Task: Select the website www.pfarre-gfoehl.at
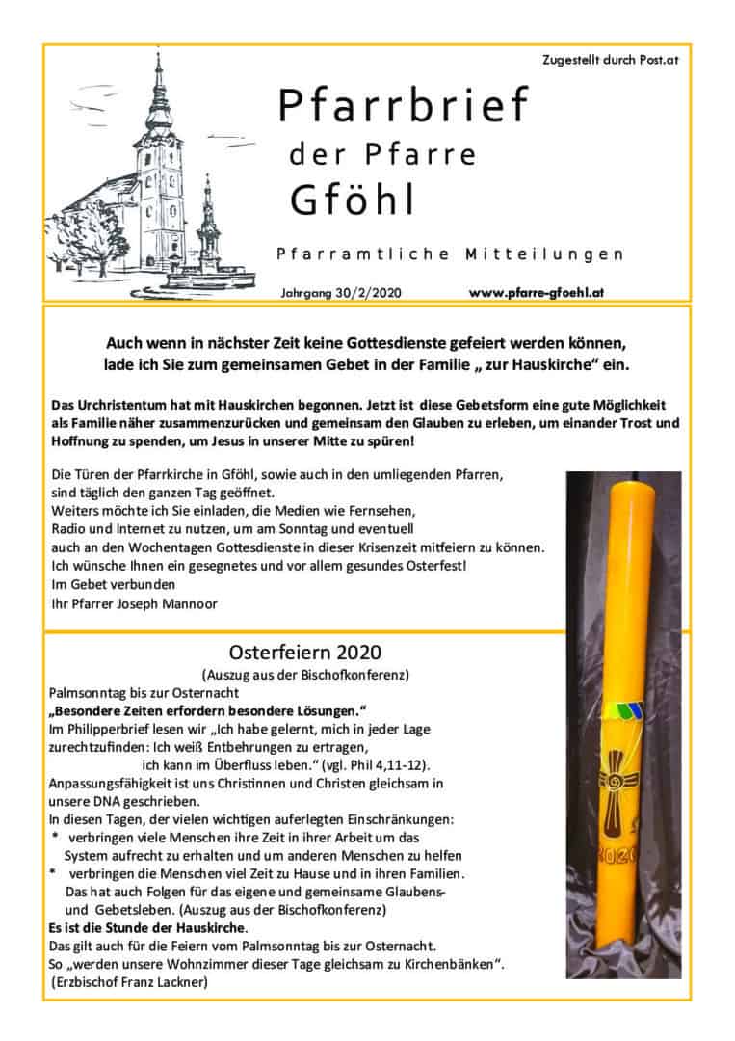[x=537, y=290]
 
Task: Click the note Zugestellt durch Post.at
[x=611, y=60]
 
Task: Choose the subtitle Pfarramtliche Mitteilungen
[x=450, y=254]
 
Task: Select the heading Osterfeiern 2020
[x=304, y=651]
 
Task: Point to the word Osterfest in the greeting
[x=433, y=565]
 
